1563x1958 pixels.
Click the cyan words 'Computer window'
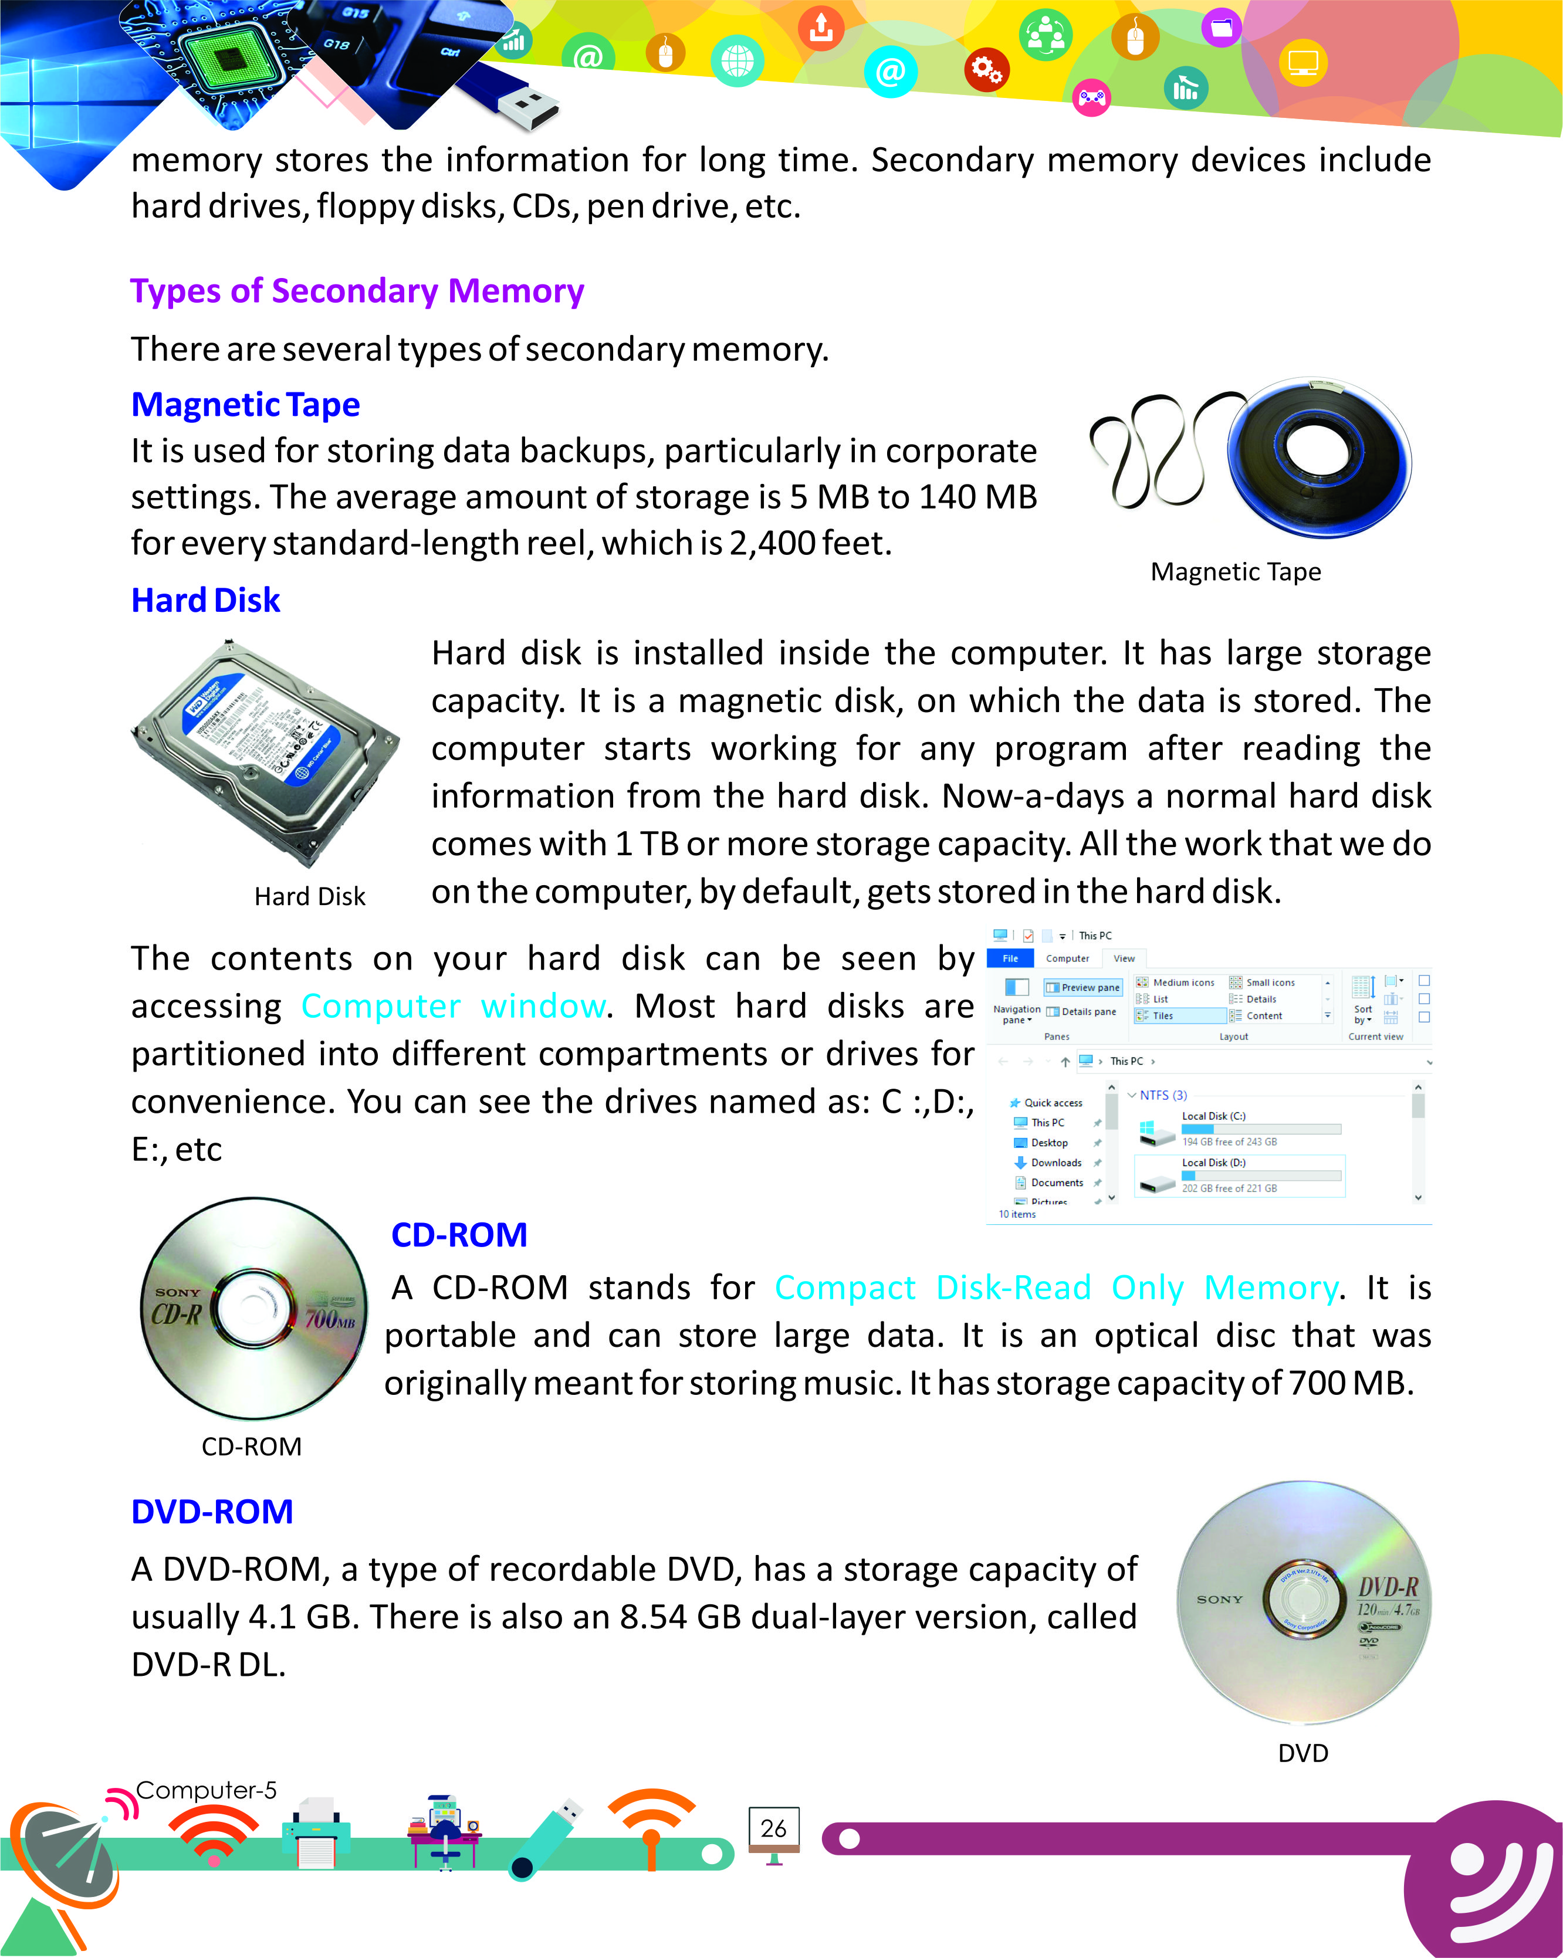pos(453,1006)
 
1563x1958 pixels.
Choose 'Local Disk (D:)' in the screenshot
pos(1213,1163)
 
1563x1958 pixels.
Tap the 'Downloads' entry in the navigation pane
pos(1055,1163)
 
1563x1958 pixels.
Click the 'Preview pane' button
pos(1084,987)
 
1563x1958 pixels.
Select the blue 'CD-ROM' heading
pos(459,1235)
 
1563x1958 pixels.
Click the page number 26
pos(774,1828)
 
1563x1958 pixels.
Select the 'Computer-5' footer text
pos(205,1790)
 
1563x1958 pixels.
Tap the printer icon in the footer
pos(315,1832)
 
